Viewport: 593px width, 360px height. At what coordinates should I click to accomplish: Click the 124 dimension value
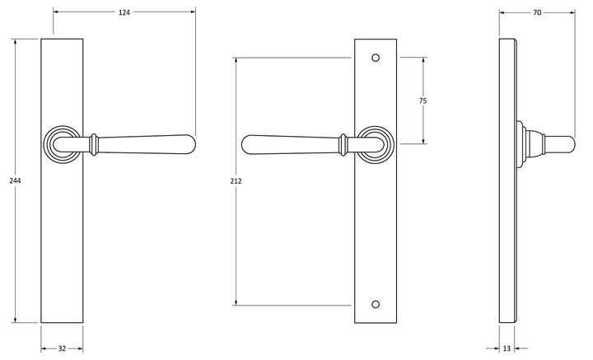click(x=124, y=12)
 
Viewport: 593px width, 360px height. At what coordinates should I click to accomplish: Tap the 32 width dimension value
click(x=62, y=348)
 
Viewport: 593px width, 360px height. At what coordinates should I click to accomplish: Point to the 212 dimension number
click(x=236, y=181)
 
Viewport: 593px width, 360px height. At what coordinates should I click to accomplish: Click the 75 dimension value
click(x=423, y=101)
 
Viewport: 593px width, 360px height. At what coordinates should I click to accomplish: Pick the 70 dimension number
click(x=536, y=12)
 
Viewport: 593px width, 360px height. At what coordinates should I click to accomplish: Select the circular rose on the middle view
click(x=376, y=144)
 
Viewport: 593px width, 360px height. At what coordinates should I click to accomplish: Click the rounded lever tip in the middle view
click(x=249, y=144)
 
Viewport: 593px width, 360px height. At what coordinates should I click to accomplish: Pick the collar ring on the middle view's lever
click(x=343, y=144)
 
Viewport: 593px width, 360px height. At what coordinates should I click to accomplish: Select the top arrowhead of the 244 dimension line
click(x=14, y=42)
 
